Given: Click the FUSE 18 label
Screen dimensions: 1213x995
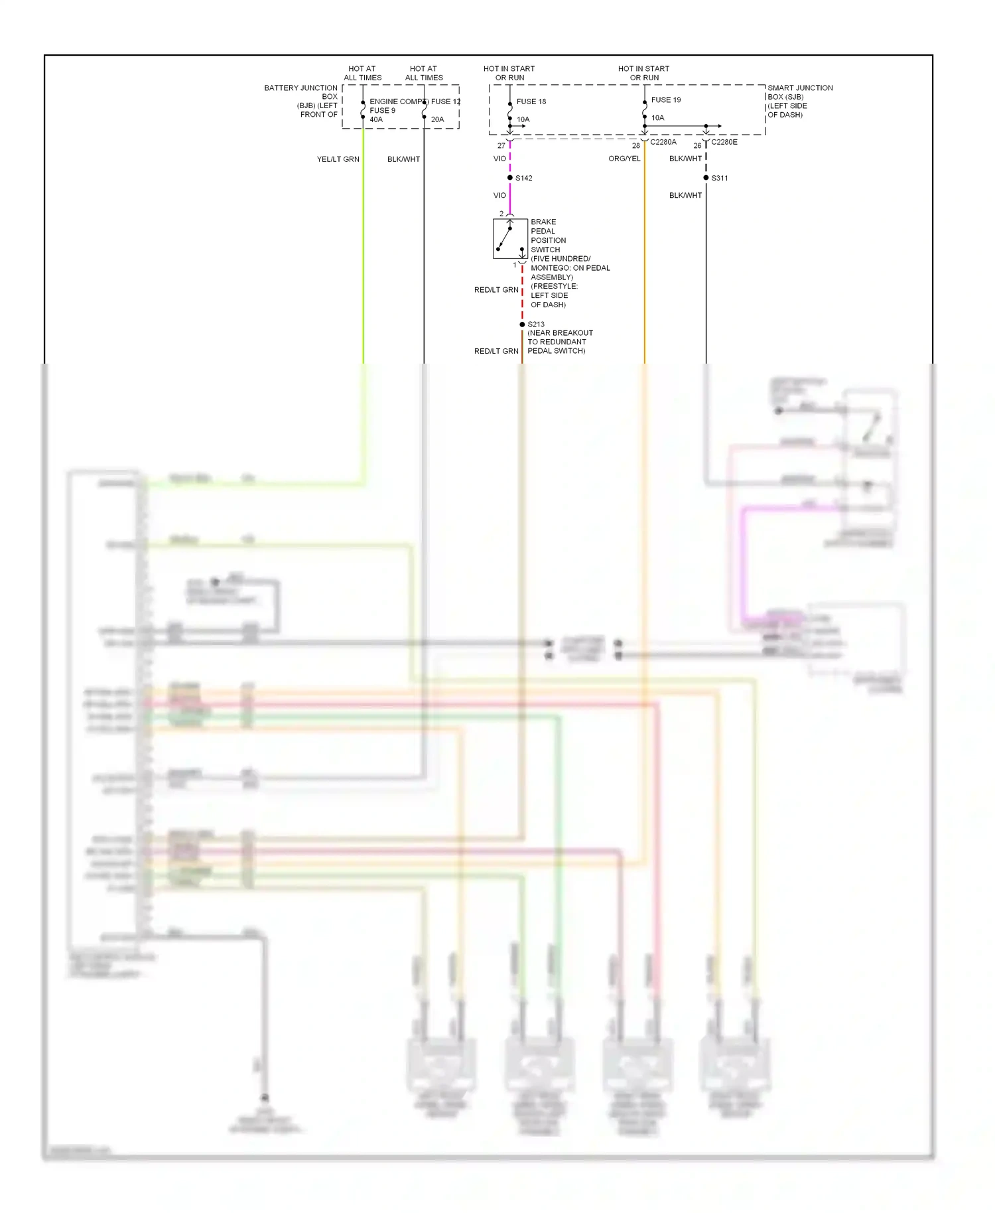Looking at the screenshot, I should (x=531, y=102).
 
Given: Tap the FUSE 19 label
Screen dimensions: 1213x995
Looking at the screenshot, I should (x=665, y=100).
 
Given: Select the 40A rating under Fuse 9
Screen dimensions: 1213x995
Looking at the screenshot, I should (x=376, y=120).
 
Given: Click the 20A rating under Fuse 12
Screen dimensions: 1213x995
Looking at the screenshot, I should (x=437, y=120).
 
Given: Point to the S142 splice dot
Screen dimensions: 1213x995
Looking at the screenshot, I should (x=509, y=178).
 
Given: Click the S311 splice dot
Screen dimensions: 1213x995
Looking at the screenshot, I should (x=706, y=178).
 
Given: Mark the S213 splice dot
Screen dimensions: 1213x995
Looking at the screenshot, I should (x=522, y=324).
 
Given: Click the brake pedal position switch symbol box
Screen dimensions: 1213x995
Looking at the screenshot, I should (x=510, y=239).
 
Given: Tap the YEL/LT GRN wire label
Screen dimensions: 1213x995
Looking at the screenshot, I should (x=338, y=159).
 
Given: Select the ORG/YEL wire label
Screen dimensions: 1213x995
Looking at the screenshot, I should (x=624, y=159).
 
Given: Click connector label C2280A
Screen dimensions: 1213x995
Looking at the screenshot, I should (x=663, y=142).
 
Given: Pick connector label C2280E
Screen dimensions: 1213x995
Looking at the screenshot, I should (x=724, y=142).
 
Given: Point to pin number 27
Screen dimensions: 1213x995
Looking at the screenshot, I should (x=501, y=146).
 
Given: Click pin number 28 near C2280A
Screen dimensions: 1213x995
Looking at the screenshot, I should (x=635, y=146).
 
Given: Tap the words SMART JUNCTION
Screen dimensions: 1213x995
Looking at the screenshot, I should (x=799, y=88).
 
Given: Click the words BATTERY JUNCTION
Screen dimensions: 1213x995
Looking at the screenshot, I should (x=300, y=88).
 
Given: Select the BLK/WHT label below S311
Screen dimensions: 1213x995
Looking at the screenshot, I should (x=685, y=196).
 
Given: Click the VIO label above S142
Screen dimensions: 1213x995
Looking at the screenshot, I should (x=499, y=159).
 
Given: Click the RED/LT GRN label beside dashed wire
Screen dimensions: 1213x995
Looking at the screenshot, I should (x=496, y=290).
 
